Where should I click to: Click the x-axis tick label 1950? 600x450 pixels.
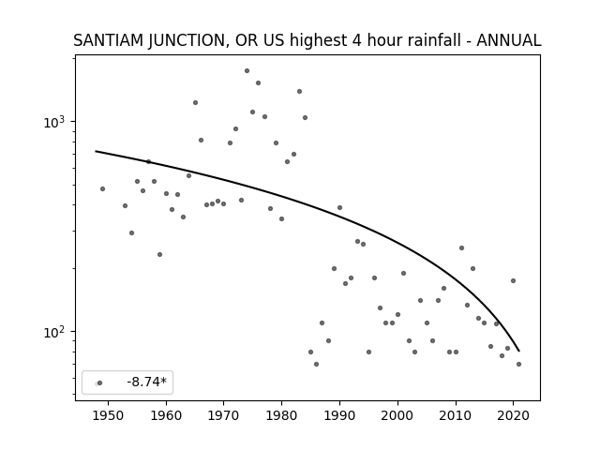[109, 415]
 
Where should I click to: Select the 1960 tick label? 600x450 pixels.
[166, 415]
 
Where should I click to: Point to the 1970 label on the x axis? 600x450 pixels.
[224, 415]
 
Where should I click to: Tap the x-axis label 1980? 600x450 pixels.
[281, 415]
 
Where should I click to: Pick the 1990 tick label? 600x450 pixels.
[339, 415]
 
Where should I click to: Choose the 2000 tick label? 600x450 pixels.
[397, 415]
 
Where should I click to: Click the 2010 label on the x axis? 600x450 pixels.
[456, 415]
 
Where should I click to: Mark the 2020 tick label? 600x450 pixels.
[513, 415]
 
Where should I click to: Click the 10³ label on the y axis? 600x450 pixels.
[54, 122]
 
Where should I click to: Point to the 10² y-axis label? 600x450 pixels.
[54, 332]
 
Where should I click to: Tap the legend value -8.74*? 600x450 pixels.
[147, 382]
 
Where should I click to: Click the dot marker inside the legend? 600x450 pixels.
[100, 382]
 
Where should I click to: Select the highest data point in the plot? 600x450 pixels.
[247, 71]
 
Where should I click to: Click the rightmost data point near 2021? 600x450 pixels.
[518, 365]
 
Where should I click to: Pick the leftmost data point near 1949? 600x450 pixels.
[102, 189]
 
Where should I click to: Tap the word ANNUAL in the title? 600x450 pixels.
[508, 40]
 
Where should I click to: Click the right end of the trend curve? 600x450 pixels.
[518, 351]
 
